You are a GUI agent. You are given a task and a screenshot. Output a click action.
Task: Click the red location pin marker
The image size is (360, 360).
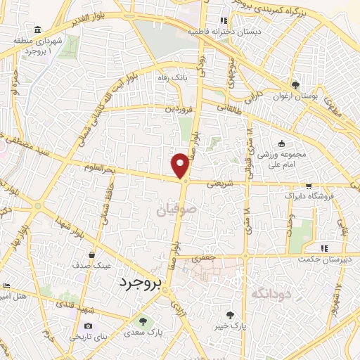[x=181, y=165]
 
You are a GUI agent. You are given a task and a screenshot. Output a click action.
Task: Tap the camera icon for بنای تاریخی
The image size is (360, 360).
[x=88, y=326]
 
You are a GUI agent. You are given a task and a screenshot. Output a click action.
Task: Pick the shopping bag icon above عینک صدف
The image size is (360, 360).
[x=92, y=255]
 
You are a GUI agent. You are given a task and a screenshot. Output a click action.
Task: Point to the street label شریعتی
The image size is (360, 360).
[x=220, y=182]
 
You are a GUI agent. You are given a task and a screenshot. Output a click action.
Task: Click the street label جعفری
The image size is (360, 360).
[x=205, y=259]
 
